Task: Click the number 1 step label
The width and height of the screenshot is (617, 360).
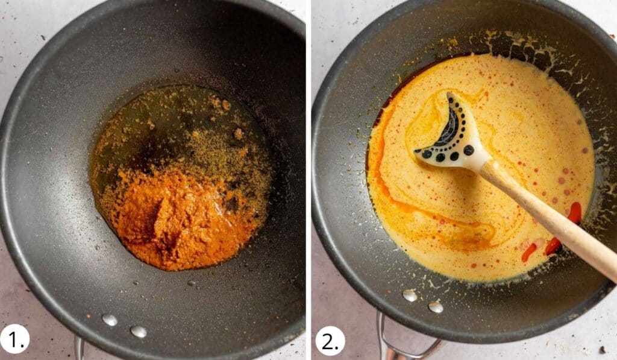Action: click(x=14, y=340)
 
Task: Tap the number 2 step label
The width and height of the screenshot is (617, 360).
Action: click(x=330, y=340)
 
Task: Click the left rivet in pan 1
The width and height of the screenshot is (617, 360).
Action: click(x=110, y=320)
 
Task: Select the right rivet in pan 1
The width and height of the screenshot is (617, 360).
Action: click(x=138, y=331)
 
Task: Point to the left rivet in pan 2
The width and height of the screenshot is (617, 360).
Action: click(x=410, y=295)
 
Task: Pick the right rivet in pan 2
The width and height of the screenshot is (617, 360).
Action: click(x=436, y=306)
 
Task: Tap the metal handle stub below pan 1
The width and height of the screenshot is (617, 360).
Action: click(x=79, y=349)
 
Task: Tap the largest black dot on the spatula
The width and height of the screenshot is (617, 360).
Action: click(x=468, y=150)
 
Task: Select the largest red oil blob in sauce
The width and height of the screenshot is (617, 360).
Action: click(x=574, y=212)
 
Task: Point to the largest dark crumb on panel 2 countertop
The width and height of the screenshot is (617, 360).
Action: click(x=603, y=349)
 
